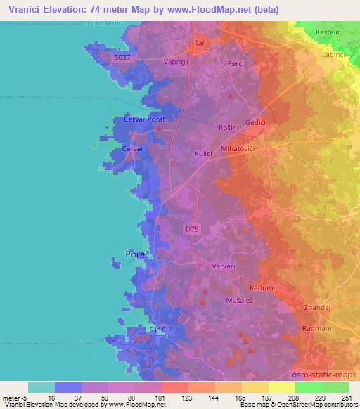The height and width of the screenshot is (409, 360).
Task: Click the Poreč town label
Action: [136, 254]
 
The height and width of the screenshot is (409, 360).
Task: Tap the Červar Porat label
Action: [143, 121]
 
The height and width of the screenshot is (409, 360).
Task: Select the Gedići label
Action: [255, 122]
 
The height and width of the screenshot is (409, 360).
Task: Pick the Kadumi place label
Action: [262, 288]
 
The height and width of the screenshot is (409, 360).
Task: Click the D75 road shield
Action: [192, 229]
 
